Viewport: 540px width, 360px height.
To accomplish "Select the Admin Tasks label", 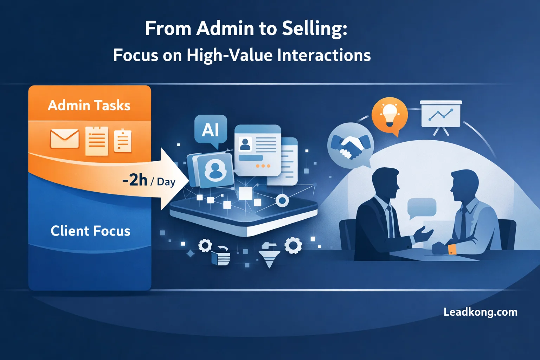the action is click(x=89, y=105).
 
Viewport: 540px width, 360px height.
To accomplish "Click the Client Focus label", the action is click(x=90, y=231).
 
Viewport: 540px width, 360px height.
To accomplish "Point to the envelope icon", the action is click(x=65, y=139).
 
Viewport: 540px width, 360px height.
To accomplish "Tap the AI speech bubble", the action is click(x=211, y=131).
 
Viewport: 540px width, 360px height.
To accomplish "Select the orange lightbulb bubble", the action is click(x=390, y=116).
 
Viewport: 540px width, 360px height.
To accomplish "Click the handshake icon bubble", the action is click(x=351, y=146).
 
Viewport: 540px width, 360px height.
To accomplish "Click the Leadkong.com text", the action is click(x=481, y=312).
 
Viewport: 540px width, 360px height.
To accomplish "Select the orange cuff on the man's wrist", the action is click(x=452, y=249).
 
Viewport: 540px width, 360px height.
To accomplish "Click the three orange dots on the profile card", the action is click(x=263, y=166).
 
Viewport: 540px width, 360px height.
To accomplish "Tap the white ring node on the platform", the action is click(x=282, y=200).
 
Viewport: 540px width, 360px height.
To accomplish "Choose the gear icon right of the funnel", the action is click(x=293, y=245).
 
